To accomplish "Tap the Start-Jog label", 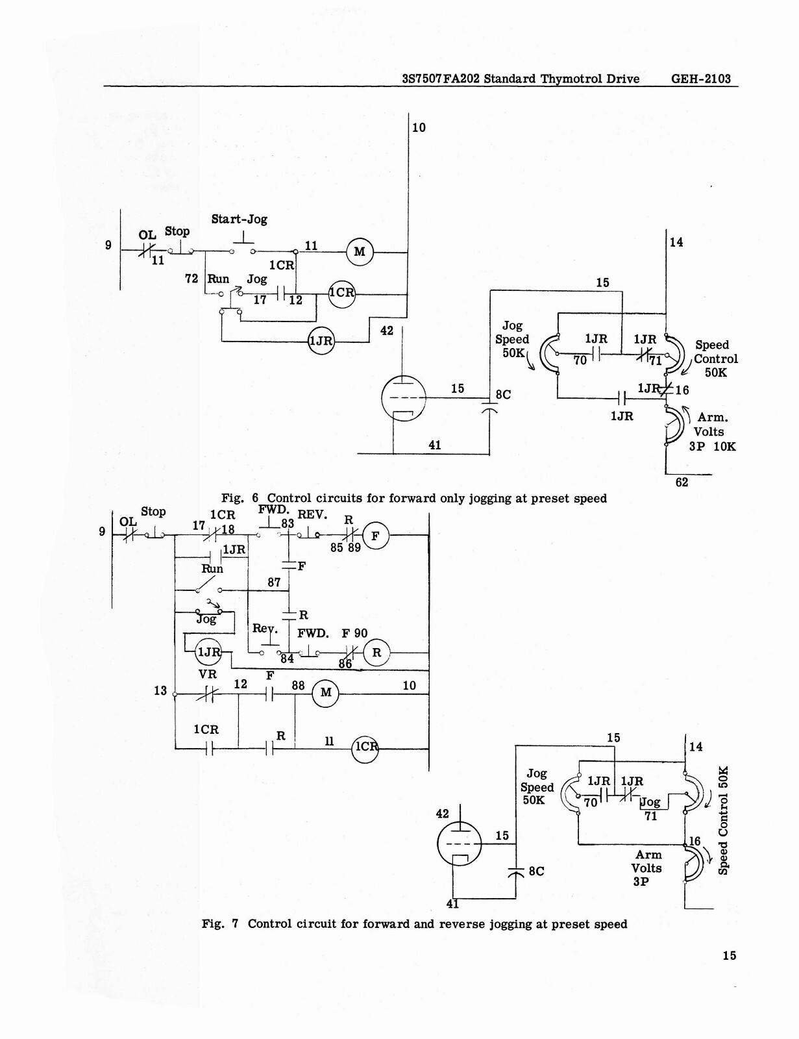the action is coord(240,219).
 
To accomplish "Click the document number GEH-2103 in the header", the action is coord(700,79).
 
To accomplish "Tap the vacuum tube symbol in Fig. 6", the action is coord(403,398).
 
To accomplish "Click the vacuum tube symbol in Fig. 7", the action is coord(460,844).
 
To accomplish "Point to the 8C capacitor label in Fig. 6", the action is coord(503,394).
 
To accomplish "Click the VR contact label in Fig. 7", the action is coord(208,674).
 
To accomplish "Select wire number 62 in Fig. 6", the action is coord(682,482).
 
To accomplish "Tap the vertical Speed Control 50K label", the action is coord(724,820).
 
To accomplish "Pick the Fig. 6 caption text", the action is coord(414,498).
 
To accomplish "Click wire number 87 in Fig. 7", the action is coord(274,582).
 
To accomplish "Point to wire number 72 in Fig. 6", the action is coord(191,279).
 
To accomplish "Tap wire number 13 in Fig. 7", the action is coord(160,690).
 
